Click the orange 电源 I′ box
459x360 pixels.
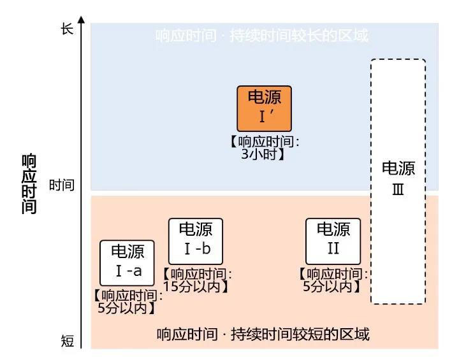(264, 108)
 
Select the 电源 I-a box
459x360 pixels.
(127, 263)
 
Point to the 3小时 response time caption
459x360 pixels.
(264, 148)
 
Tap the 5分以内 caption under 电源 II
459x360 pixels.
(333, 280)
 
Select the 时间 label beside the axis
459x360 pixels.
(62, 185)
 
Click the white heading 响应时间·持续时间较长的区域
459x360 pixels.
(261, 36)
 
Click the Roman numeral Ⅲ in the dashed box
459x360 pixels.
(398, 190)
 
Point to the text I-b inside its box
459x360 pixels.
(195, 248)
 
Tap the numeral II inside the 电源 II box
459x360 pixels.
(333, 248)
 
